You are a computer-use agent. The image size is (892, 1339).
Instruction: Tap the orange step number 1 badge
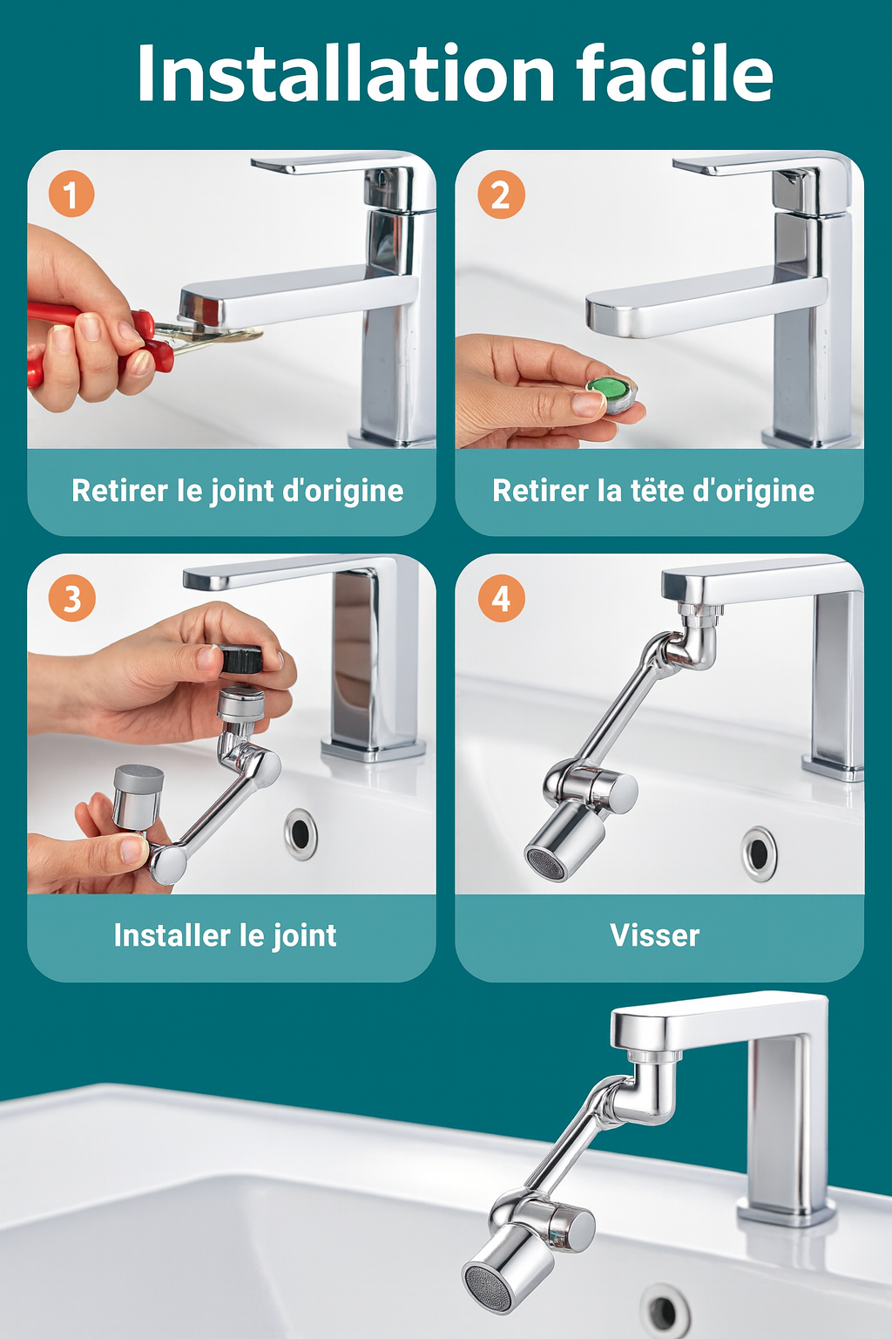[71, 194]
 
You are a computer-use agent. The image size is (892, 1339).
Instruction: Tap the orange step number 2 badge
[501, 194]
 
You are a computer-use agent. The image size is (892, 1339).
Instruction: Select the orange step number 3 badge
[71, 599]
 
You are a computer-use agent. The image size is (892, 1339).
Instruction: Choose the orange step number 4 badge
[501, 599]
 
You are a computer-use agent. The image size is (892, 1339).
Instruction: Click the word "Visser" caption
[654, 935]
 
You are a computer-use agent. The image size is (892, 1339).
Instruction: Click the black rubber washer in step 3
[241, 659]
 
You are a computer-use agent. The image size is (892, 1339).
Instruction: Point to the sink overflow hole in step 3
[301, 833]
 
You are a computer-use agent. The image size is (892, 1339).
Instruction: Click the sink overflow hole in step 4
[759, 853]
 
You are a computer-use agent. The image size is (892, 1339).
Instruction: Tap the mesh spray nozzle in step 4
[545, 862]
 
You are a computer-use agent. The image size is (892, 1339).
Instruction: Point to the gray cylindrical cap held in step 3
[138, 795]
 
